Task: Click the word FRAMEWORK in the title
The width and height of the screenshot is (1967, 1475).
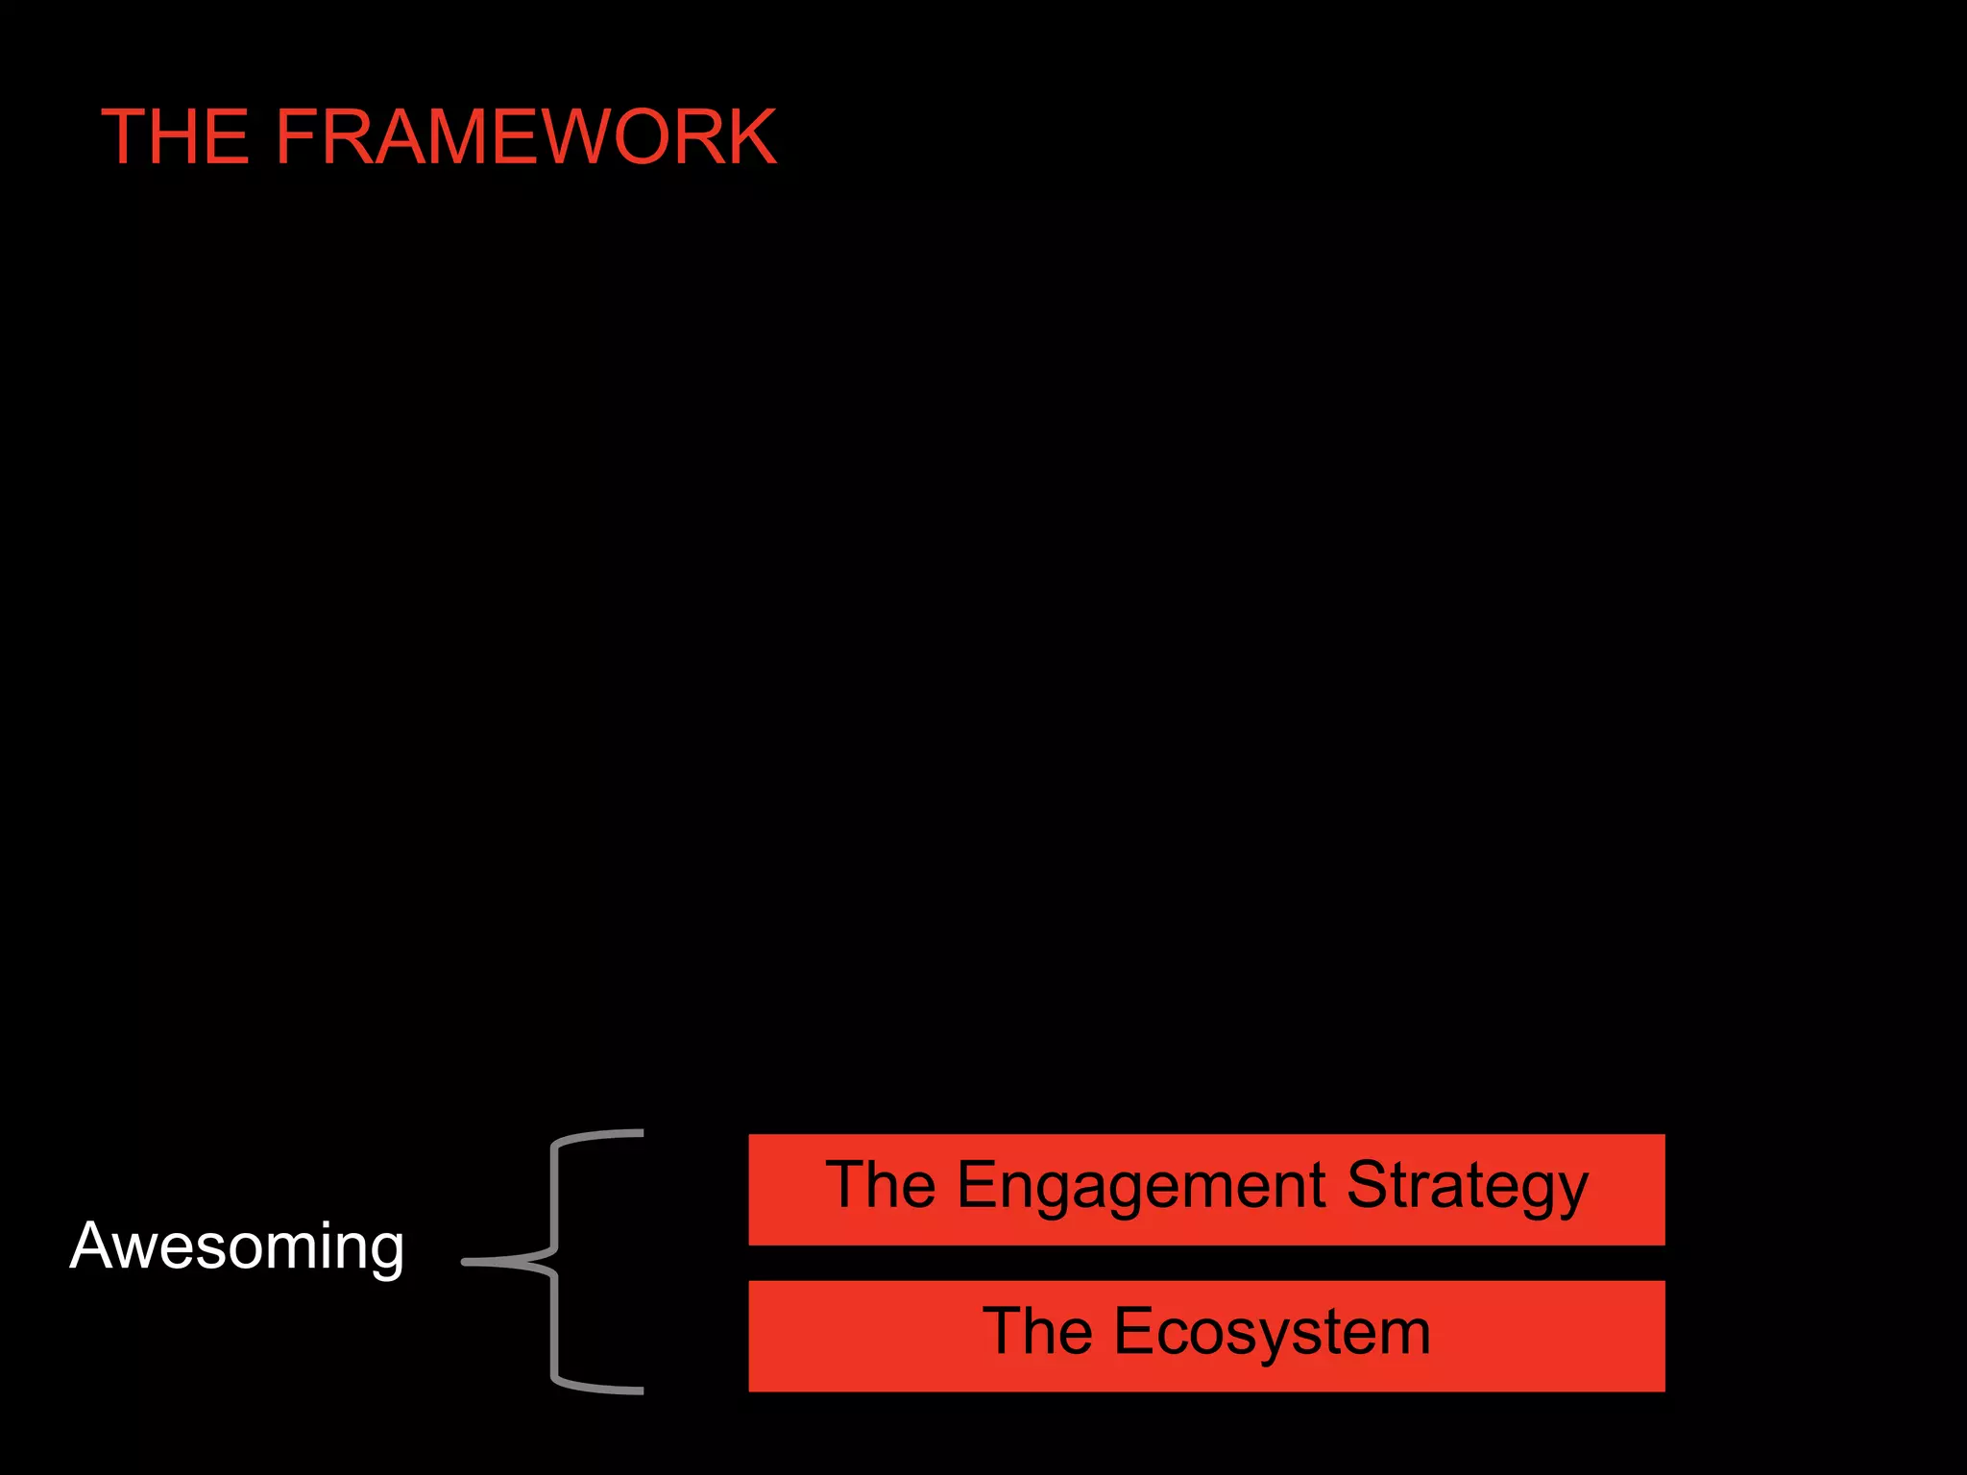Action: click(525, 137)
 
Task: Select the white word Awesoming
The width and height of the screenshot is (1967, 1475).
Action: click(236, 1246)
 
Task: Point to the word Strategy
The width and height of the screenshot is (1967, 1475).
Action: click(1467, 1187)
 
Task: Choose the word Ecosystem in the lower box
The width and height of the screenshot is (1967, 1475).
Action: click(1272, 1333)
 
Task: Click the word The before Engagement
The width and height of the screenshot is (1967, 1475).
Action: click(880, 1185)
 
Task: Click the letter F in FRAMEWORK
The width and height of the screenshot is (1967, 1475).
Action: click(297, 137)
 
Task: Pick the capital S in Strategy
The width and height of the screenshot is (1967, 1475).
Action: click(1370, 1185)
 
